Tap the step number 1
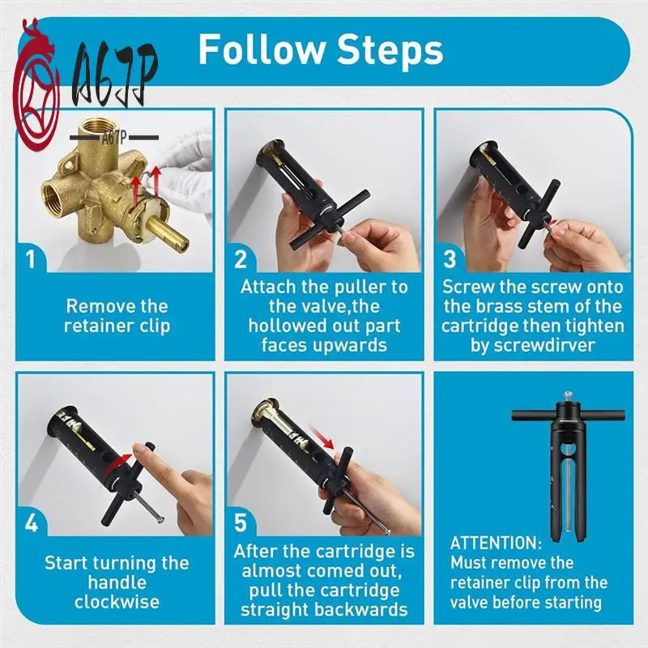30,260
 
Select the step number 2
241,260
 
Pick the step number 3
450,260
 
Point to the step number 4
30,522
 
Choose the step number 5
241,522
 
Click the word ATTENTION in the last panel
495,543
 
